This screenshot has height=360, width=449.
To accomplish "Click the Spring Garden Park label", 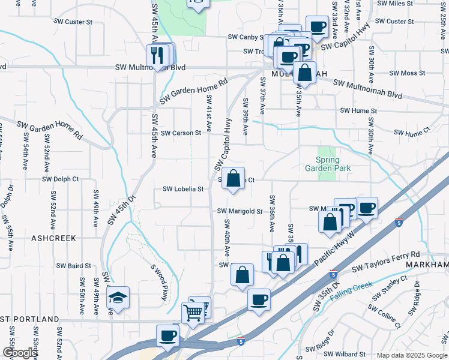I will pyautogui.click(x=328, y=164).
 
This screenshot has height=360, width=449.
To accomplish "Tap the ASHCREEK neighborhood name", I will pyautogui.click(x=50, y=238).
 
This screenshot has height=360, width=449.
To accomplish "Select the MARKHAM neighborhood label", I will pyautogui.click(x=427, y=265).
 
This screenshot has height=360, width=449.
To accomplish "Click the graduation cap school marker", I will pyautogui.click(x=118, y=298).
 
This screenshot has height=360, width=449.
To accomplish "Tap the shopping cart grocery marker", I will pyautogui.click(x=193, y=312).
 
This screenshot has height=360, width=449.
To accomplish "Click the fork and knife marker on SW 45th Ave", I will pyautogui.click(x=155, y=56).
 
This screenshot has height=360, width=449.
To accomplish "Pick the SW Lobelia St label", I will pyautogui.click(x=184, y=189).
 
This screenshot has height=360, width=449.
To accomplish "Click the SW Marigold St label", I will pyautogui.click(x=240, y=211).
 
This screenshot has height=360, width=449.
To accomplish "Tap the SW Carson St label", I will pyautogui.click(x=181, y=133).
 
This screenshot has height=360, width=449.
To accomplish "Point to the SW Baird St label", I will pyautogui.click(x=74, y=265).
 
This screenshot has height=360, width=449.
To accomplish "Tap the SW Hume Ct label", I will pyautogui.click(x=412, y=131).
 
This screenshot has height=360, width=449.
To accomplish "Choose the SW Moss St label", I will pyautogui.click(x=407, y=73).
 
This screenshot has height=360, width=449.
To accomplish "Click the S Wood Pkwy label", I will pyautogui.click(x=159, y=283).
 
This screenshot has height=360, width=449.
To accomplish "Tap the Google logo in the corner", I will pyautogui.click(x=19, y=353).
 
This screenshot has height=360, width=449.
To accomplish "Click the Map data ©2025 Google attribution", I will pyautogui.click(x=411, y=355).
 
